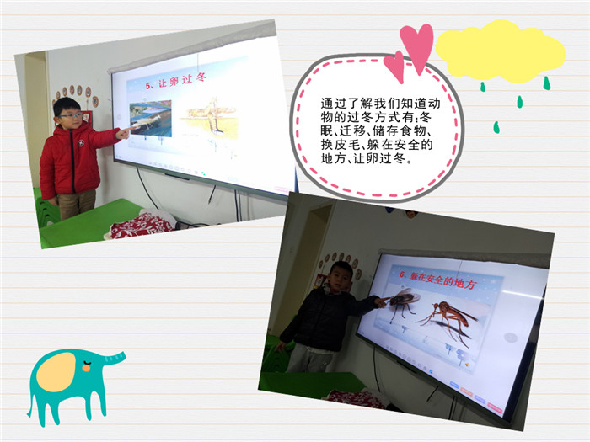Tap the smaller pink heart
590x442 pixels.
coord(394,67)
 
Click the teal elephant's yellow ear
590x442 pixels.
coord(56,372)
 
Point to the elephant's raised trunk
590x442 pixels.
coord(113,358)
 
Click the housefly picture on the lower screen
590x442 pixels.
coord(403,302)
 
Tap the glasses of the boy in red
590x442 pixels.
coord(71,115)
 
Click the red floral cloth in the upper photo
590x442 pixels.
coord(141,225)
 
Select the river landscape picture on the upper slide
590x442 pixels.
coord(151,118)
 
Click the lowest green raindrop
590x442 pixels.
coord(496,127)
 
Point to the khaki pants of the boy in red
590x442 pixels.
coord(77,204)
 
